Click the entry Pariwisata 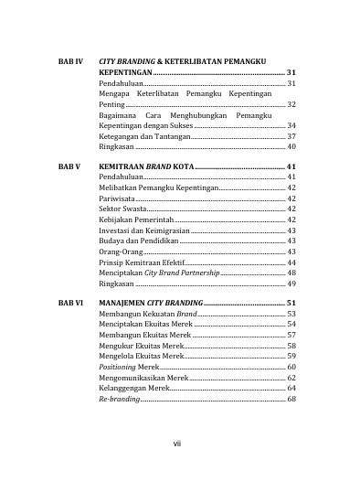tap(120, 198)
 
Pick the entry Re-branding tap(120, 399)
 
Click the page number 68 tap(291, 399)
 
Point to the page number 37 tap(291, 135)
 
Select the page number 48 tap(291, 273)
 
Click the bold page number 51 tap(291, 302)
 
